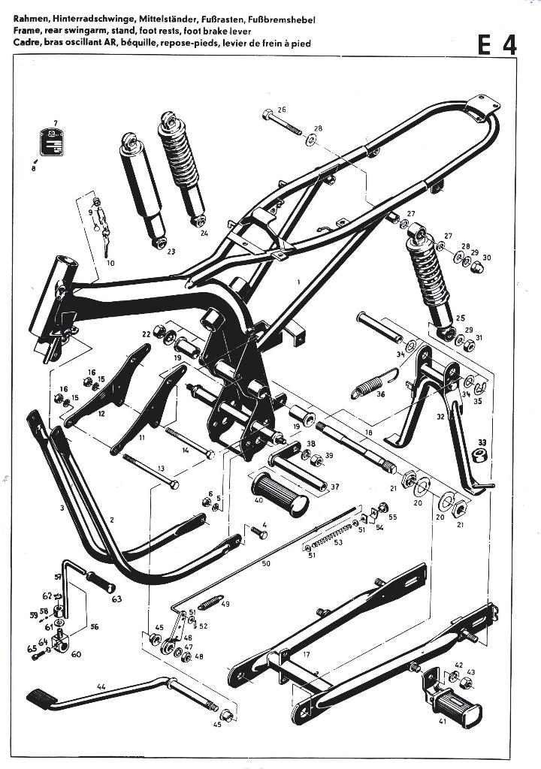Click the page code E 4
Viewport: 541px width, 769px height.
click(497, 46)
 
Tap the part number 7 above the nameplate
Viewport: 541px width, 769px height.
click(54, 122)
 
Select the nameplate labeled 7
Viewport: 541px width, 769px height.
click(53, 143)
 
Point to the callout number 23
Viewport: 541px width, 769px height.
click(171, 251)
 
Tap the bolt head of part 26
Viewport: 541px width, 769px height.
click(268, 116)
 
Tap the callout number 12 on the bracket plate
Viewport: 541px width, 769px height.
click(101, 414)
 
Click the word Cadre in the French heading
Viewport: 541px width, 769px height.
click(26, 44)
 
